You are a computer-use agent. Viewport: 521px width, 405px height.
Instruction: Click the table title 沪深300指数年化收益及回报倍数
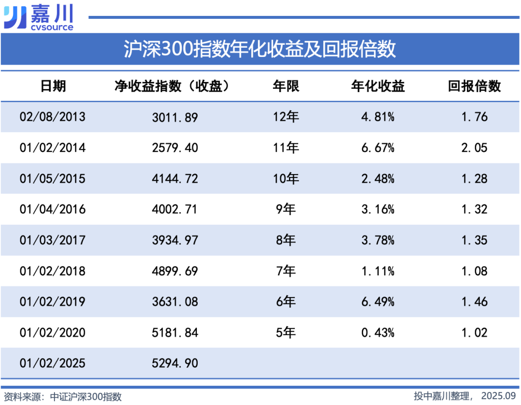click(260, 49)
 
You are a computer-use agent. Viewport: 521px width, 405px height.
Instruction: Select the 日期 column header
click(53, 86)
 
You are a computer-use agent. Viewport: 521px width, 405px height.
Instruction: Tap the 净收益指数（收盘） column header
click(171, 86)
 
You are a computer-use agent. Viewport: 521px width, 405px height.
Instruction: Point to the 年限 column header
click(286, 86)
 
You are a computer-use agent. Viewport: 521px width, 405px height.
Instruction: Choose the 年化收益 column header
click(378, 86)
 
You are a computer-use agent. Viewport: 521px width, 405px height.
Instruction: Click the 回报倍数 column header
click(474, 86)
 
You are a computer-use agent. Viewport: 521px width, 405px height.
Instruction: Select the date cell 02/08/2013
click(53, 117)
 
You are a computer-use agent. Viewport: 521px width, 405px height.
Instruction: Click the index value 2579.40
click(175, 148)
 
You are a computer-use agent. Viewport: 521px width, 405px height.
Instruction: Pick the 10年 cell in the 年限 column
click(286, 179)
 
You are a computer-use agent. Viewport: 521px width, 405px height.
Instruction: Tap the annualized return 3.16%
click(378, 210)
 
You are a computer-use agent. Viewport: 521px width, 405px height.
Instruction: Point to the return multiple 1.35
click(474, 241)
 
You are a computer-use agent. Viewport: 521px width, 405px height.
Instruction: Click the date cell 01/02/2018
click(53, 271)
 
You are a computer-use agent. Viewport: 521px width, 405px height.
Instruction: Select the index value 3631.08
click(175, 302)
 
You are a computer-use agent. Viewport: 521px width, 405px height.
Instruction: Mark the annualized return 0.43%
click(378, 333)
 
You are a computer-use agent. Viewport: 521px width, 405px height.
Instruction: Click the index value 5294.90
click(175, 363)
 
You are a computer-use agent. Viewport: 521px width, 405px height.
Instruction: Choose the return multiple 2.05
click(474, 148)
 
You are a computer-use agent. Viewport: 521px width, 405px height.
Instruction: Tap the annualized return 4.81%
click(378, 117)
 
